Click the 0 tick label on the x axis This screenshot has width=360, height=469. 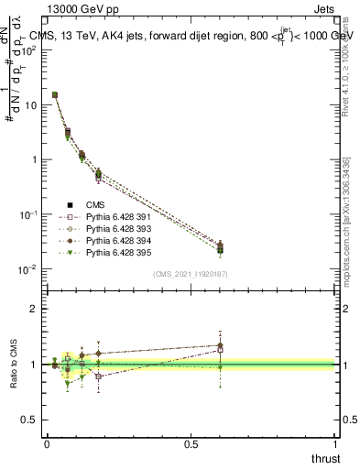47,443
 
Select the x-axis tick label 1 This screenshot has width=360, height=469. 336,443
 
